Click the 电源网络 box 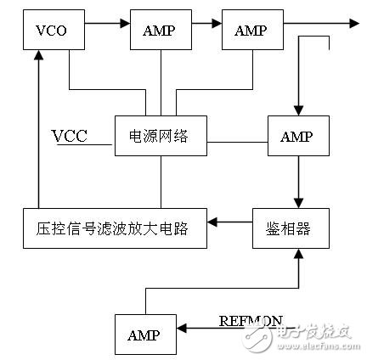point(161,136)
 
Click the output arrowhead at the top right point(353,25)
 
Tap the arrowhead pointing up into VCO point(37,55)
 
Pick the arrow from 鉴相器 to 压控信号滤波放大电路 point(229,224)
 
